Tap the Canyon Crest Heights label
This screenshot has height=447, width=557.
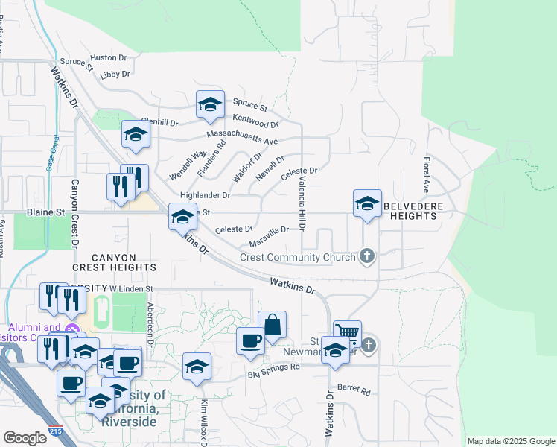point(114,261)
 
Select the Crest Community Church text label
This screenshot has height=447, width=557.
point(298,258)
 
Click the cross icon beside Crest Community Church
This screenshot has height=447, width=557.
point(366,257)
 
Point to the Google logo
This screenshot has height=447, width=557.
point(25,438)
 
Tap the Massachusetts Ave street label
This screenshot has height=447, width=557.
point(242,138)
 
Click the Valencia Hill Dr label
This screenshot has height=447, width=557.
point(302,207)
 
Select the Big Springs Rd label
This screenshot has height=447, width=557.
point(274,367)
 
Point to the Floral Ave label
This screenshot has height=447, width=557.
point(427,171)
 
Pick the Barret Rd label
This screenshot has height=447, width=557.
point(354,388)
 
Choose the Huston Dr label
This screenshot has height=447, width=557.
point(109,57)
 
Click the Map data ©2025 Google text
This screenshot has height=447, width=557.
point(511,441)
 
